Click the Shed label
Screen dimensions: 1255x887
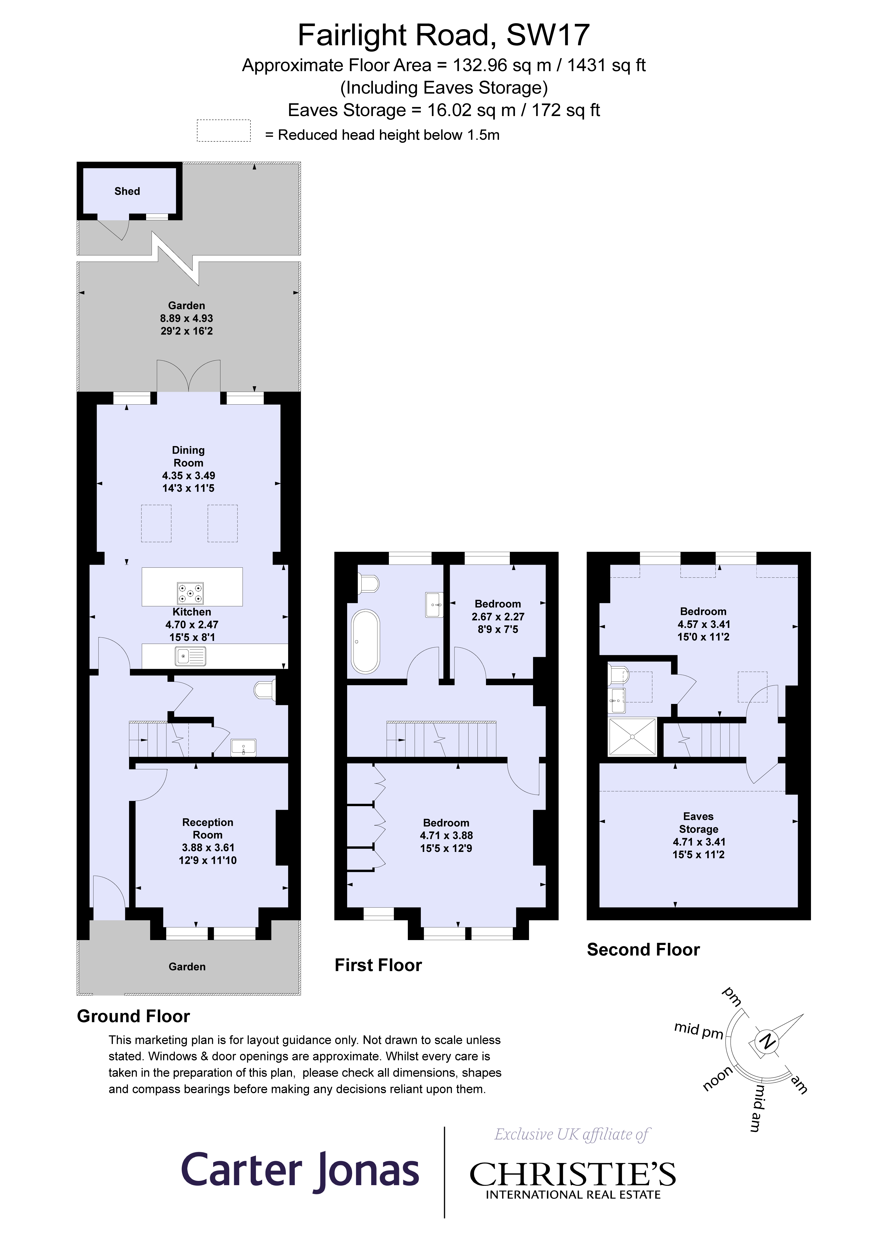[127, 191]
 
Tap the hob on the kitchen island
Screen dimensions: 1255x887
[190, 593]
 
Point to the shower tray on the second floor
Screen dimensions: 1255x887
[632, 737]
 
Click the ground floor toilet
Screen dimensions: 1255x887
[265, 690]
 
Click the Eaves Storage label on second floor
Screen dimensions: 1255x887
[698, 823]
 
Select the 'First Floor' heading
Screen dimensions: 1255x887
[378, 965]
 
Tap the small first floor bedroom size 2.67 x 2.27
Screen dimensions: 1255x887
[498, 617]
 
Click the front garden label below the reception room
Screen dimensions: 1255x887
[187, 966]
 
